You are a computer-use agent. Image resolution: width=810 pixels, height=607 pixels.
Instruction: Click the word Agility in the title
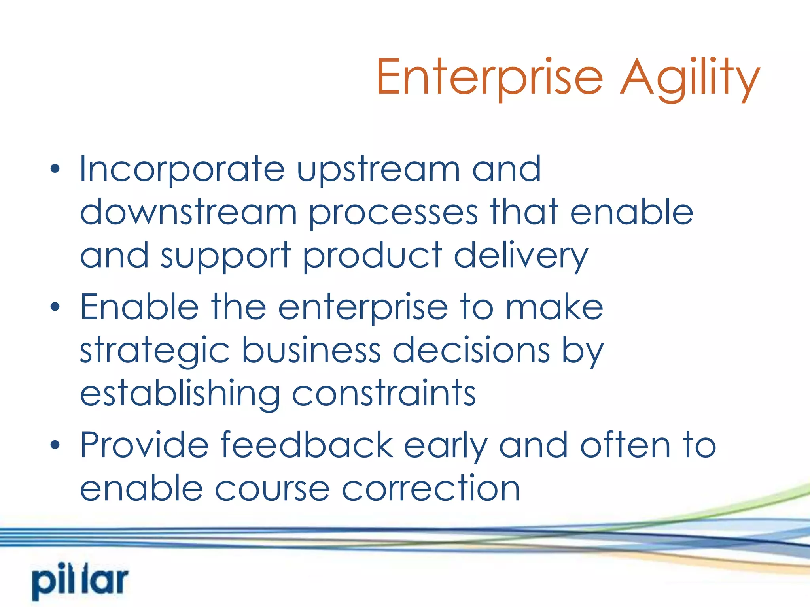[x=689, y=78]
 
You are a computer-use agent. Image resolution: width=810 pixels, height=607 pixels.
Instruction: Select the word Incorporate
[x=182, y=169]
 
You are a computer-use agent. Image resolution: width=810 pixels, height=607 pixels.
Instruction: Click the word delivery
[x=521, y=256]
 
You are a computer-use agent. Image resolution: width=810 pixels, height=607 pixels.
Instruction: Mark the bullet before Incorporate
[x=55, y=169]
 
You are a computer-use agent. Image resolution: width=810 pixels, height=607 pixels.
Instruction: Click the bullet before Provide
[x=55, y=445]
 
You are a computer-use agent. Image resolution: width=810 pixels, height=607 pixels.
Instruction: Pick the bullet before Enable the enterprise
[x=55, y=307]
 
